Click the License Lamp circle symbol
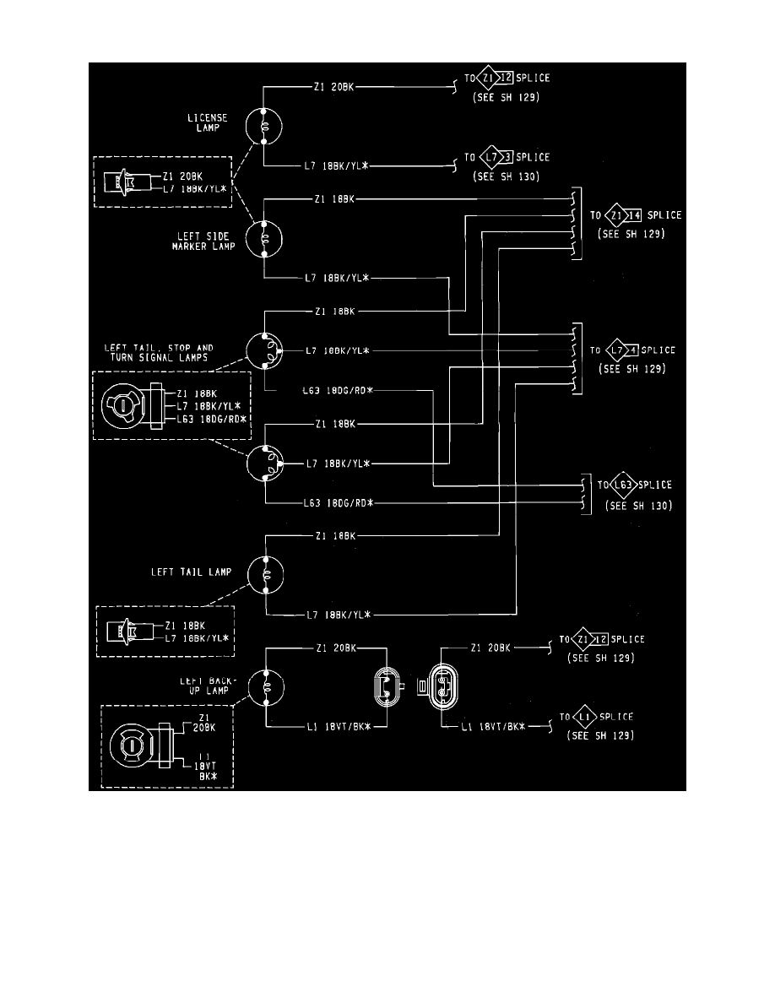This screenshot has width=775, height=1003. (x=264, y=127)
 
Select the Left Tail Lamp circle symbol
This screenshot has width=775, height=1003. (x=265, y=575)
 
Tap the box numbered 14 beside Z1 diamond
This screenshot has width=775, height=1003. (x=636, y=215)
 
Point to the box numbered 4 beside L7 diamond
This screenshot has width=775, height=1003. (x=634, y=350)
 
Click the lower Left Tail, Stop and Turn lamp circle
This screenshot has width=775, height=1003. (x=264, y=463)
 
